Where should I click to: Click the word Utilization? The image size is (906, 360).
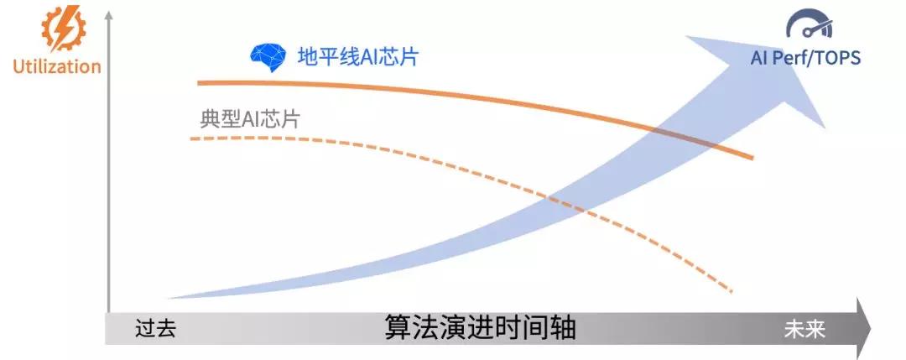click(x=57, y=66)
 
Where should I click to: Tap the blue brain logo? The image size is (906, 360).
click(x=268, y=56)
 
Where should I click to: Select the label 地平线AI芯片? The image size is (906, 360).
click(x=357, y=56)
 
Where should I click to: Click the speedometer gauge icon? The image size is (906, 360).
click(x=809, y=24)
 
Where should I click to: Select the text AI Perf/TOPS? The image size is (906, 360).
click(x=805, y=57)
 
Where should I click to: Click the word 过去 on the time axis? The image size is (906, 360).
click(x=155, y=329)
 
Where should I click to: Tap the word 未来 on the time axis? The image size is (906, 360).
click(x=804, y=329)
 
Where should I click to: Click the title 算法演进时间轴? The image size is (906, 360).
click(x=480, y=328)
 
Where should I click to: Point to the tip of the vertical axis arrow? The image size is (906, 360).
click(x=108, y=13)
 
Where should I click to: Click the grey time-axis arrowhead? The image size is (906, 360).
click(x=863, y=329)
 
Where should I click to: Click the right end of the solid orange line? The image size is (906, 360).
click(x=752, y=158)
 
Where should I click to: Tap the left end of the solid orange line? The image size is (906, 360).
click(x=198, y=83)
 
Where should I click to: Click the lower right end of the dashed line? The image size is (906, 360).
click(x=732, y=292)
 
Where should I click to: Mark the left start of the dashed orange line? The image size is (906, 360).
click(x=190, y=139)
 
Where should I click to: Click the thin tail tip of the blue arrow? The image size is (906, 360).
click(x=168, y=298)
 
